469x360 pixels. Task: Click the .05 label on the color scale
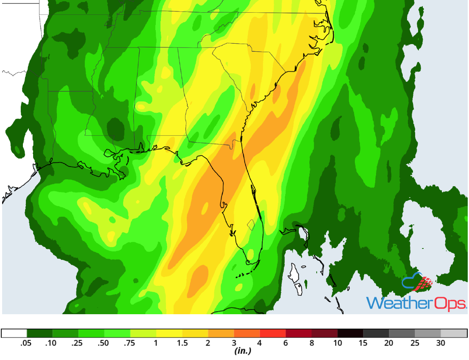(26, 343)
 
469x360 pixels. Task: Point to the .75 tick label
(130, 343)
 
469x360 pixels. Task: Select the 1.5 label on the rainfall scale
(182, 343)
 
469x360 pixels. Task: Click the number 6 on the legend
(286, 343)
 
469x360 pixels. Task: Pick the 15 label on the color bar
(363, 343)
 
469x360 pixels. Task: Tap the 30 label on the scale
(441, 343)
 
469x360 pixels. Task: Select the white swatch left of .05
(14, 333)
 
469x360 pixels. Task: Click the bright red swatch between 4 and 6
(272, 333)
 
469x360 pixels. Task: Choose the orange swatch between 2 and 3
(221, 333)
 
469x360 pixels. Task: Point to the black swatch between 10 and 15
(350, 333)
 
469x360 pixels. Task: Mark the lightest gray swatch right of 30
(454, 333)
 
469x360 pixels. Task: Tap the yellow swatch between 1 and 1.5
(169, 333)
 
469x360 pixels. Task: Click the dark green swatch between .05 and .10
(39, 333)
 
